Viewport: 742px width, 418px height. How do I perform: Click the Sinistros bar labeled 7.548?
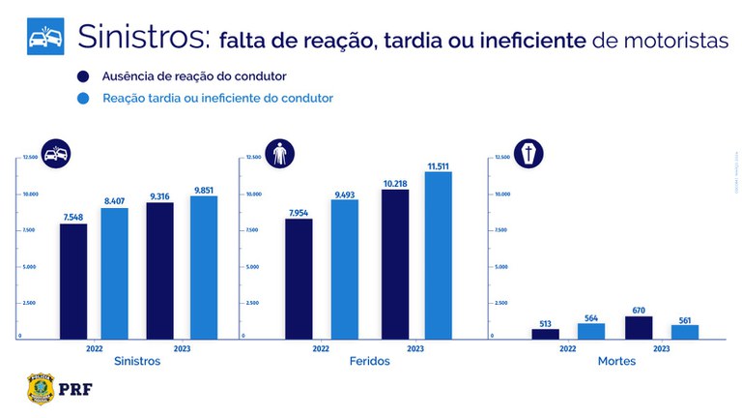[73, 281]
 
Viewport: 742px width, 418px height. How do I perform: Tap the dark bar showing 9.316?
[160, 270]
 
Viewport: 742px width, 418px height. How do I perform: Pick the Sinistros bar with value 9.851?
[204, 267]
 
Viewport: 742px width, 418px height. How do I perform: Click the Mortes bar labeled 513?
[546, 333]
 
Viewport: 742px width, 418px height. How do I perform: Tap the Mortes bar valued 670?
[639, 327]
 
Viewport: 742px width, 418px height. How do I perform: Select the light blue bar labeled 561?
[684, 331]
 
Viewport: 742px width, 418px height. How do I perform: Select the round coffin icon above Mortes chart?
[528, 153]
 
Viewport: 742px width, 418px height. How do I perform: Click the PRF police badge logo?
[40, 387]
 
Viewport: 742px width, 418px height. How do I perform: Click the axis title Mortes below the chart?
[615, 361]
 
